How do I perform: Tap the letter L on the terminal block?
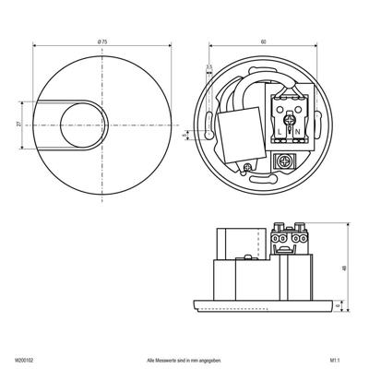coord(280,132)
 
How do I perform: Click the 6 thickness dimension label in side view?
coord(345,301)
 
